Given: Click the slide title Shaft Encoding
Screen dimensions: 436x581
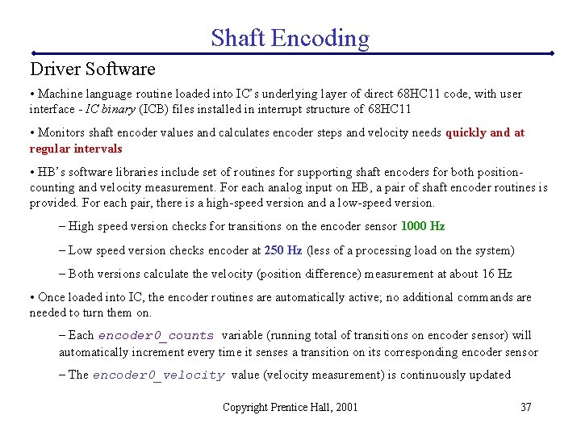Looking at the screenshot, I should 290,37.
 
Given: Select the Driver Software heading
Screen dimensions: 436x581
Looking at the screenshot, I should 92,69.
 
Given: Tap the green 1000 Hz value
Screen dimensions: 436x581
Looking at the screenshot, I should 423,226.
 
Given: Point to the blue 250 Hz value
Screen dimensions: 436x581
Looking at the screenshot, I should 282,250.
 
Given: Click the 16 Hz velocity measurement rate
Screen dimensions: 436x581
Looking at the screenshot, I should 498,274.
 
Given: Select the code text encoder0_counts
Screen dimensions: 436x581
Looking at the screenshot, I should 156,336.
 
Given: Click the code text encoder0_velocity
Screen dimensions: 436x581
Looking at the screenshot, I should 158,375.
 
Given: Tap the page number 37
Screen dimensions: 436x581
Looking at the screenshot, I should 525,407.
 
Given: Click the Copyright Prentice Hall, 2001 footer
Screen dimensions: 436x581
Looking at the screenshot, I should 290,407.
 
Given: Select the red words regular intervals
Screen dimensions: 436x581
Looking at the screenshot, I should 76,149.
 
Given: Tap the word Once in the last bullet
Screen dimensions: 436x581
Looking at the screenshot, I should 52,297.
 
